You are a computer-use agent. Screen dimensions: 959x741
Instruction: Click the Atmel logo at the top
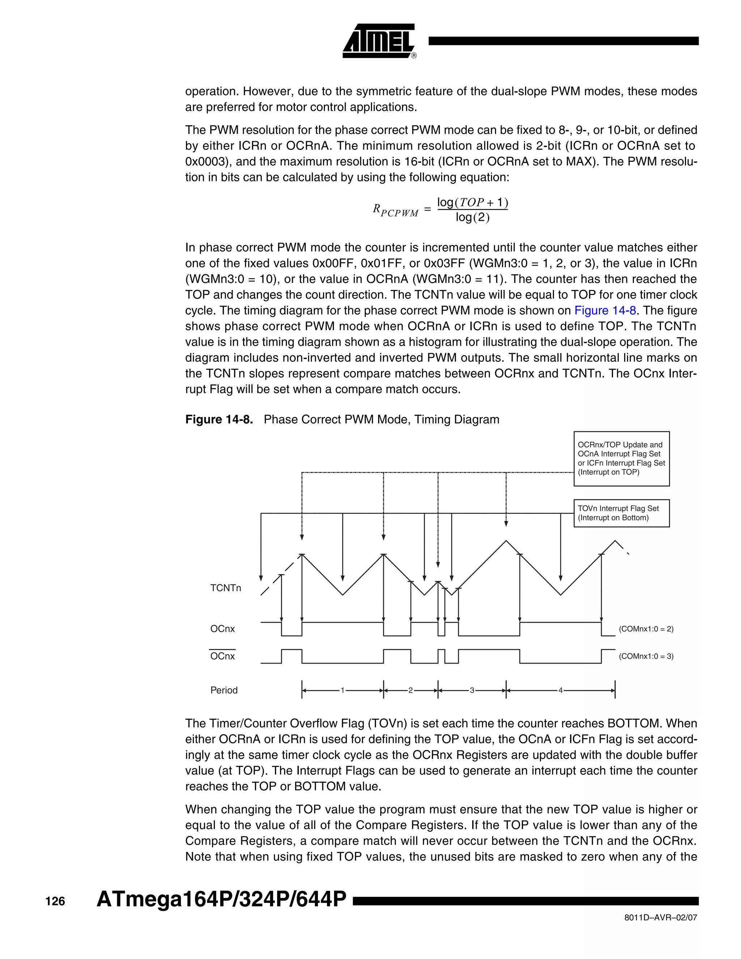(x=379, y=41)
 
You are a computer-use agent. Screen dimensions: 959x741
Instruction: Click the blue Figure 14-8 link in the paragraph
(x=605, y=310)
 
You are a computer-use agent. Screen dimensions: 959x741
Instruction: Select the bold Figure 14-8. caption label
(x=219, y=419)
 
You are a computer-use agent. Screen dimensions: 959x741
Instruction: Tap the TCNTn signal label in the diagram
(x=226, y=588)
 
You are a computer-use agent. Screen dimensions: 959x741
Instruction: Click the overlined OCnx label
(x=223, y=656)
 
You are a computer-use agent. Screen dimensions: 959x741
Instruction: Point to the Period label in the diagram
(x=224, y=690)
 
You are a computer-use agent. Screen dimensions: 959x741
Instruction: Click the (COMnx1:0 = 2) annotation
(x=646, y=629)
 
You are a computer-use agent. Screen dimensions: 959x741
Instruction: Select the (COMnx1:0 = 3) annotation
(x=646, y=656)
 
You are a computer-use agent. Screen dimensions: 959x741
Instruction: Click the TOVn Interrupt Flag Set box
(x=621, y=513)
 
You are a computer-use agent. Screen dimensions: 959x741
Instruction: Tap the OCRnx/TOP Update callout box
(x=621, y=459)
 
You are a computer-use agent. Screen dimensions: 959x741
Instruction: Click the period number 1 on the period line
(x=343, y=690)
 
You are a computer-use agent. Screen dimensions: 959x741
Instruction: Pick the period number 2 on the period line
(x=410, y=690)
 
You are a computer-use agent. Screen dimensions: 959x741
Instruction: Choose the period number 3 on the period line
(x=472, y=690)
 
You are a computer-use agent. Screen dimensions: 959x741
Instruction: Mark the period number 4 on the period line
(x=560, y=690)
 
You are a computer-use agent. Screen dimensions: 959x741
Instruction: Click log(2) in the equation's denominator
(x=472, y=217)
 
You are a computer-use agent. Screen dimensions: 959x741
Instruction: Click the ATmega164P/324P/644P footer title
(x=221, y=899)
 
